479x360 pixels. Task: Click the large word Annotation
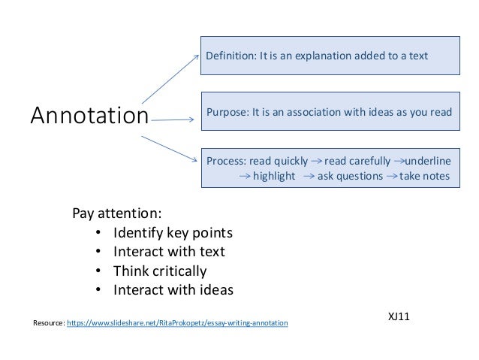click(x=89, y=116)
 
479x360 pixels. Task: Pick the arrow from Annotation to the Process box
click(x=170, y=148)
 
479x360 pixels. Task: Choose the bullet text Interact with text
click(x=169, y=251)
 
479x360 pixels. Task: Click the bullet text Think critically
click(x=159, y=271)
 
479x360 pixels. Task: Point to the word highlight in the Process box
click(x=274, y=177)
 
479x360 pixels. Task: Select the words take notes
click(x=424, y=177)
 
